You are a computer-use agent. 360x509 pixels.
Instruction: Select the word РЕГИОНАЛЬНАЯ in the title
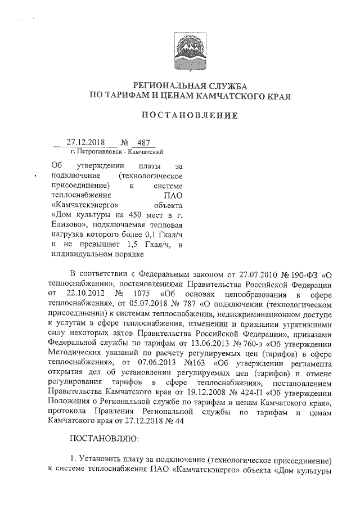tap(165, 85)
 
